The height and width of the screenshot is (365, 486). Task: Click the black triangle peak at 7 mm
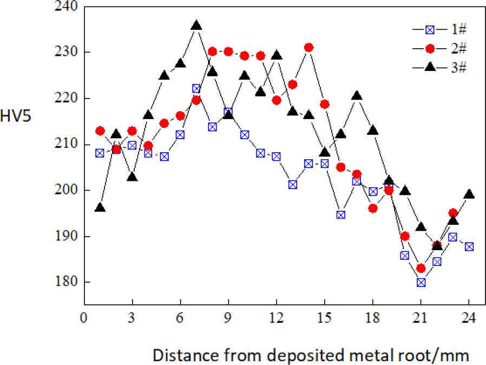pyautogui.click(x=196, y=26)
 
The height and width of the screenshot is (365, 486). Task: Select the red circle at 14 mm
pyautogui.click(x=308, y=48)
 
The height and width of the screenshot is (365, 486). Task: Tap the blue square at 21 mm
pyautogui.click(x=421, y=282)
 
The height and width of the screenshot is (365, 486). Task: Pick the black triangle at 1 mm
pyautogui.click(x=100, y=208)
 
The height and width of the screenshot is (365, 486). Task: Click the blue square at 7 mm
pyautogui.click(x=196, y=89)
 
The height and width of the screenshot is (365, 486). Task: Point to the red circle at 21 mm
pyautogui.click(x=421, y=268)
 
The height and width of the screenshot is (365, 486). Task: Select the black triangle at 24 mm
pyautogui.click(x=469, y=194)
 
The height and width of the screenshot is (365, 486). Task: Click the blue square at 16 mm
pyautogui.click(x=341, y=214)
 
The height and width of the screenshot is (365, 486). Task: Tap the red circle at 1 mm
pyautogui.click(x=100, y=131)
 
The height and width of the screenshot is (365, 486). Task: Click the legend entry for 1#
pyautogui.click(x=439, y=30)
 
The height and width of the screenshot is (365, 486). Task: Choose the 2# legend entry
pyautogui.click(x=439, y=48)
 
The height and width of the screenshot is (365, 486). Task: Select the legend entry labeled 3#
pyautogui.click(x=439, y=67)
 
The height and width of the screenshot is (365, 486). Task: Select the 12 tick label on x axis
pyautogui.click(x=276, y=317)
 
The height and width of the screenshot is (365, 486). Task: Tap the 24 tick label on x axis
pyautogui.click(x=469, y=317)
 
